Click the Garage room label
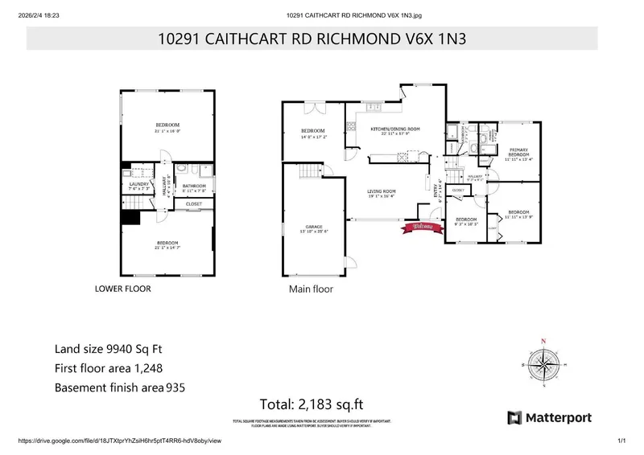(313, 228)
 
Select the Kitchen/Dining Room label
(395, 129)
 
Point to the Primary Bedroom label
(518, 151)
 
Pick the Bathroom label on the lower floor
(194, 187)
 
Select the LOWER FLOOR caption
(123, 288)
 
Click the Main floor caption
(311, 289)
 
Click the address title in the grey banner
(312, 37)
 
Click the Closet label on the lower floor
(194, 204)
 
